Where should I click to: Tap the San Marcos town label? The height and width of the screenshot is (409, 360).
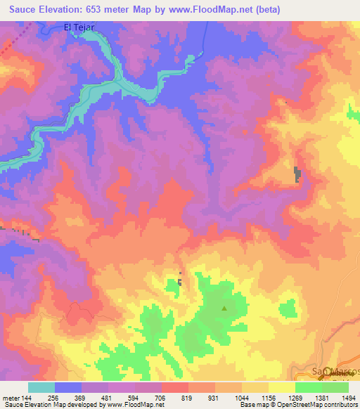coord(335,370)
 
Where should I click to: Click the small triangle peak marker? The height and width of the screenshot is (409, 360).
coord(225,307)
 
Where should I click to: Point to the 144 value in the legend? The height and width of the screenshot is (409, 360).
coord(27,396)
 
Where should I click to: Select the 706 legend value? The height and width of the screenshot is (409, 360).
coord(162,396)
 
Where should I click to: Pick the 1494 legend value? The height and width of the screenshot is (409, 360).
coord(349,396)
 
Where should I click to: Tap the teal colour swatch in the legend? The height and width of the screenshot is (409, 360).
coord(41,387)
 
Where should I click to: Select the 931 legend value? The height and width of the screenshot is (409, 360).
coord(215,396)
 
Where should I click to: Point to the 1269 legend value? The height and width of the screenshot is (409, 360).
coord(295,396)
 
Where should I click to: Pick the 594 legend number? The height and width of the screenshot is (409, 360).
coord(135,396)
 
